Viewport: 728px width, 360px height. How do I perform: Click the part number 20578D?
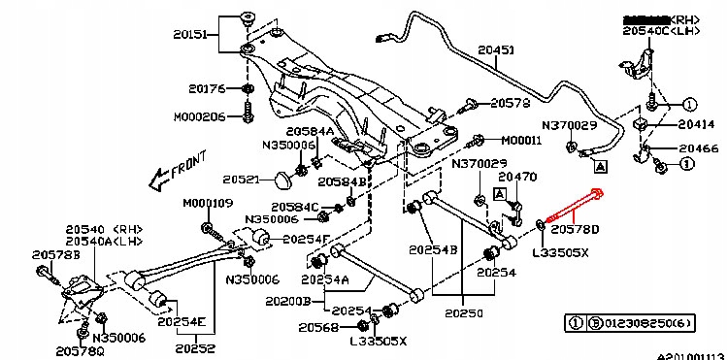pos(576,230)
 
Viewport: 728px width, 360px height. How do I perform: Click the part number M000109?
pos(209,204)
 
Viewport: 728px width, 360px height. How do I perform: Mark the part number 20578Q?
pos(81,350)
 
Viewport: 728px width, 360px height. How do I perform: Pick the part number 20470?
pos(517,177)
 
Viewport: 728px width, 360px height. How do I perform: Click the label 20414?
pos(696,124)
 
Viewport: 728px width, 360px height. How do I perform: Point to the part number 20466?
pos(698,148)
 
